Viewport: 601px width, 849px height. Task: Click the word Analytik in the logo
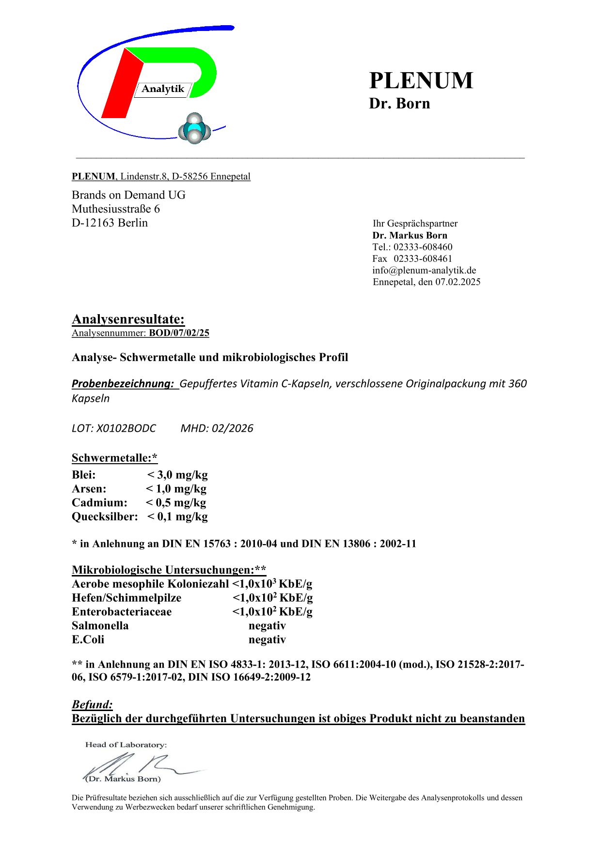pos(163,89)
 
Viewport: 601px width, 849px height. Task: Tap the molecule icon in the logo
pos(194,129)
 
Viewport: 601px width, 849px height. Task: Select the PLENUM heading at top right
pos(421,80)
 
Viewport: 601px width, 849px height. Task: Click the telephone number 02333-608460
pos(423,247)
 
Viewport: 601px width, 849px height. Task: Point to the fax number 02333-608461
pos(423,258)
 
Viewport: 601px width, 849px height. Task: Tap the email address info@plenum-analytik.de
pos(424,270)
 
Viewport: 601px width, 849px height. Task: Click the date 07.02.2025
pos(458,282)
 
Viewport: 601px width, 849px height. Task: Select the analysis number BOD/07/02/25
pos(179,333)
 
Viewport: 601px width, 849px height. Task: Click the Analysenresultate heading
pos(128,319)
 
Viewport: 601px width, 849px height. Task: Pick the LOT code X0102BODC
pos(126,428)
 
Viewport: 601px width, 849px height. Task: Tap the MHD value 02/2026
pos(232,428)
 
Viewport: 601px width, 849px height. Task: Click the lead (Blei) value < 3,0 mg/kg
pos(177,475)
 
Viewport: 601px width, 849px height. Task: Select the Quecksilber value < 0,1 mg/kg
pos(177,517)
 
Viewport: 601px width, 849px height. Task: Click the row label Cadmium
pos(99,503)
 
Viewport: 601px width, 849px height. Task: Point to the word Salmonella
pos(100,626)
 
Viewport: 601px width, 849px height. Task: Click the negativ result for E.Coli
pos(267,640)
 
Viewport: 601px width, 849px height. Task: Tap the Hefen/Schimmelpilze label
pos(127,598)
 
